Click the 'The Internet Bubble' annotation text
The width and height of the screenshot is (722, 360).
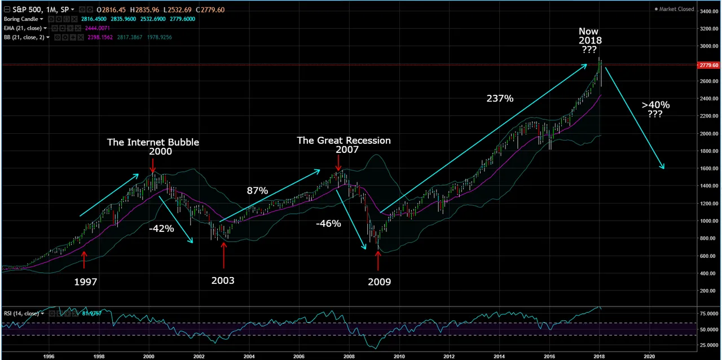[x=153, y=142]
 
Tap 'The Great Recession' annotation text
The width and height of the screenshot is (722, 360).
[x=344, y=141]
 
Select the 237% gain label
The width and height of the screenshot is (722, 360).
[x=500, y=99]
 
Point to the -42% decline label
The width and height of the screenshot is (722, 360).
[x=161, y=229]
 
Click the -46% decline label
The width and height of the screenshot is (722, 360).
[x=328, y=223]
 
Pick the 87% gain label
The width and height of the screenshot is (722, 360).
[x=257, y=191]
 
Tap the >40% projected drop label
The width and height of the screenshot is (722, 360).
[x=655, y=105]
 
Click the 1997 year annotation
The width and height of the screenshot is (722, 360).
[x=86, y=282]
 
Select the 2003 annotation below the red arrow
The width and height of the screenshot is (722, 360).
[x=223, y=280]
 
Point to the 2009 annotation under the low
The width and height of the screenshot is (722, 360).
[x=379, y=282]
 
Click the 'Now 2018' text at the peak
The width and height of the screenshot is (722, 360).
[x=589, y=36]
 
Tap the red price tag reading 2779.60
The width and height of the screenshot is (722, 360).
[x=708, y=65]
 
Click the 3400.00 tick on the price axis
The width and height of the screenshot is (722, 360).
[x=708, y=11]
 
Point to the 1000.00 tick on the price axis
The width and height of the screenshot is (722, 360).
[x=708, y=221]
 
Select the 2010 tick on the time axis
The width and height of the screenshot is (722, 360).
[x=399, y=356]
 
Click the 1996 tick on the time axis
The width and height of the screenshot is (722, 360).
[x=49, y=356]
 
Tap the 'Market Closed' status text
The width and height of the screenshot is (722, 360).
[x=676, y=9]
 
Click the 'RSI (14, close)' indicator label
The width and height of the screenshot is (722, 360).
[x=21, y=313]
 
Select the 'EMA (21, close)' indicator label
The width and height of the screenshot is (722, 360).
[x=24, y=28]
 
